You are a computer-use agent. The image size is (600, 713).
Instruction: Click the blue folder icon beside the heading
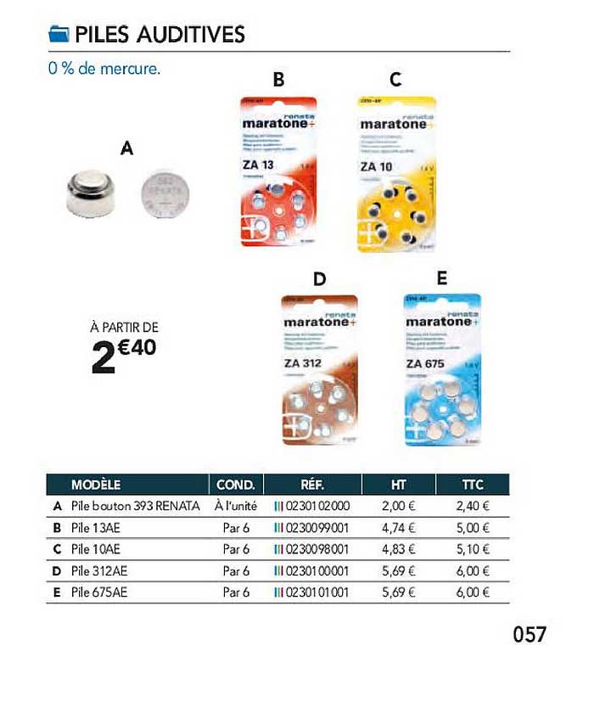[x=58, y=34]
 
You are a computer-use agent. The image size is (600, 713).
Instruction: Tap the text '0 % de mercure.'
[x=104, y=69]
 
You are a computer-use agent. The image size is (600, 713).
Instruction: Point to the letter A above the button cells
[x=126, y=149]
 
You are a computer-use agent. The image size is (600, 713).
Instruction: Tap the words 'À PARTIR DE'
[x=125, y=327]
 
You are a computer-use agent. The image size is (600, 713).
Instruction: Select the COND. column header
[x=236, y=486]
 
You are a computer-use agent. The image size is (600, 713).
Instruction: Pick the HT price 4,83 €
[x=397, y=548]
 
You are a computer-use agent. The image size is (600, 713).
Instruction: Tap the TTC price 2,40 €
[x=473, y=506]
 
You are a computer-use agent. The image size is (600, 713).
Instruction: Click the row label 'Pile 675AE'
[x=99, y=592]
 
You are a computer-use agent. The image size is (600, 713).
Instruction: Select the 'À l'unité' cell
[x=235, y=506]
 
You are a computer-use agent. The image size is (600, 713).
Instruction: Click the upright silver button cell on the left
[x=89, y=192]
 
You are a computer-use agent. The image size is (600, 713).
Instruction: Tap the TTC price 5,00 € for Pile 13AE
[x=473, y=527]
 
